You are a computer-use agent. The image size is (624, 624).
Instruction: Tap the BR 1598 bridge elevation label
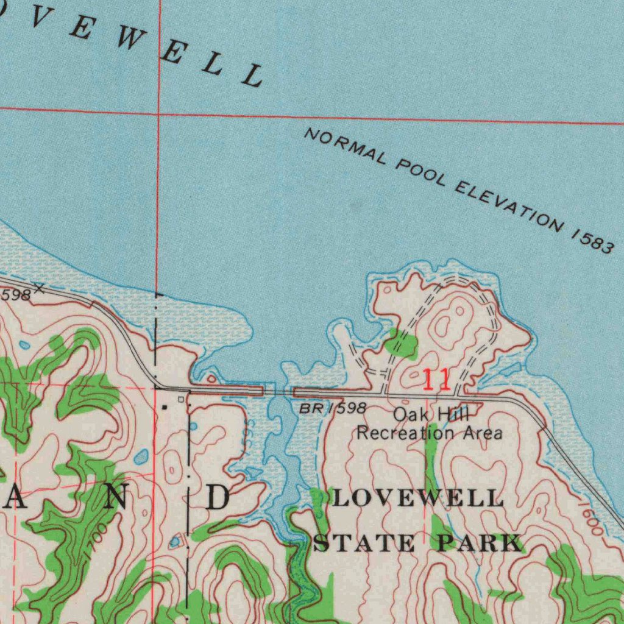point(333,408)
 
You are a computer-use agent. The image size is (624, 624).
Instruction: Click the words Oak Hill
point(431,415)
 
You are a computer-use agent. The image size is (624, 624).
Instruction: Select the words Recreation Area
point(430,433)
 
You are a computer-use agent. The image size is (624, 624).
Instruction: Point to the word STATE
point(364,542)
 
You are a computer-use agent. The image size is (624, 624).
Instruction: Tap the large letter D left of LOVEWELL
point(218,499)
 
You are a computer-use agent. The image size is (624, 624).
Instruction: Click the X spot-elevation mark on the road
point(40,288)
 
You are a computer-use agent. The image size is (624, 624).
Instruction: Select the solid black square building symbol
point(165,405)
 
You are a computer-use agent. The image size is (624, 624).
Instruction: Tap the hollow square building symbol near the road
point(180,399)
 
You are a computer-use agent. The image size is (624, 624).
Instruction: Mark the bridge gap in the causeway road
point(278,391)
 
